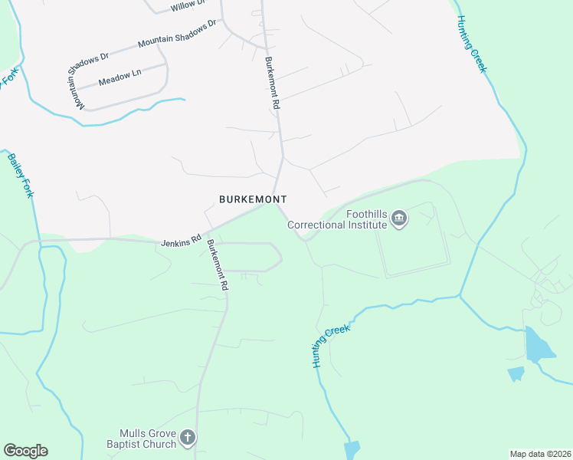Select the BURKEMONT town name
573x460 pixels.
pos(253,199)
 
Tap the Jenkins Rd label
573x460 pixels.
pos(181,242)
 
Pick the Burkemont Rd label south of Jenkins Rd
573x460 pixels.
pos(218,264)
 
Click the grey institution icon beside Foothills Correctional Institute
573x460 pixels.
pos(399,220)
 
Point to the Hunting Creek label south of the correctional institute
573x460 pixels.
pos(332,347)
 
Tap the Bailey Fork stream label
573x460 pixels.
pos(21,176)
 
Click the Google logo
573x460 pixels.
pos(25,451)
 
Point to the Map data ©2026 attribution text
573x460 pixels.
pos(540,454)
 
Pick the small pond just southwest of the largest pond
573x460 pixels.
pos(516,373)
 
